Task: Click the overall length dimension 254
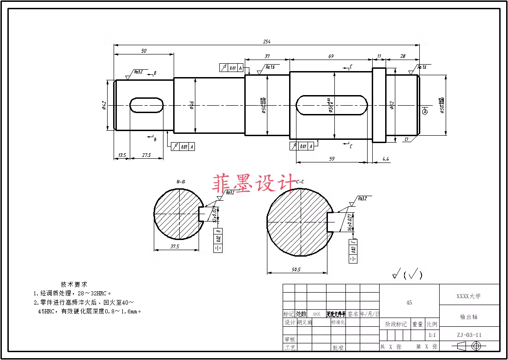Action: [x=266, y=42]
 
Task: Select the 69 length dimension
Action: [x=331, y=56]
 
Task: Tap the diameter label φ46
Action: [x=192, y=106]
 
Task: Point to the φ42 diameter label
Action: [x=104, y=106]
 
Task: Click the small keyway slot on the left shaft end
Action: [x=147, y=105]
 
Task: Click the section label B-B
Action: [x=181, y=182]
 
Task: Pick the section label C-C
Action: [x=300, y=182]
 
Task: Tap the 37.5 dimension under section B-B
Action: [x=175, y=247]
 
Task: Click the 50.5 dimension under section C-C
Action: [x=296, y=270]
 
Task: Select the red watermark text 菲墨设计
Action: [x=254, y=183]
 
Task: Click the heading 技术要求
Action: [x=74, y=284]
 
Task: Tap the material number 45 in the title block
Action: [x=409, y=303]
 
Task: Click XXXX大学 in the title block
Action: [x=468, y=296]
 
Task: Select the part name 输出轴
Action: [x=468, y=317]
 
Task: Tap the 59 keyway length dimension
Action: [x=332, y=159]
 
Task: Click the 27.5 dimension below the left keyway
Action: [x=146, y=156]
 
